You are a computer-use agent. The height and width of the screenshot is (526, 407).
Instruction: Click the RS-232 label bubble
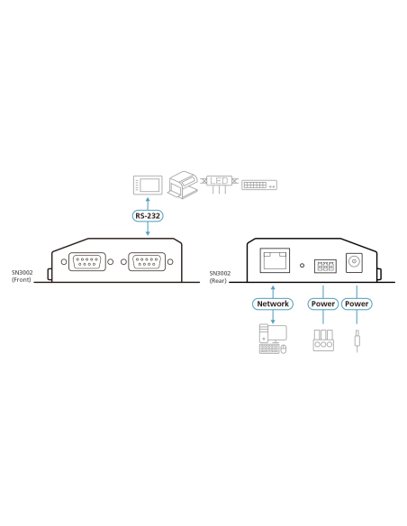click(148, 215)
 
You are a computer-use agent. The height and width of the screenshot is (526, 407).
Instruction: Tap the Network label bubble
click(273, 304)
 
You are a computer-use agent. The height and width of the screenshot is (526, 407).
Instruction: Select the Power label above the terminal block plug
click(323, 304)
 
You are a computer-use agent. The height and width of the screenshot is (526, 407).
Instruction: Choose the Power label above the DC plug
click(357, 304)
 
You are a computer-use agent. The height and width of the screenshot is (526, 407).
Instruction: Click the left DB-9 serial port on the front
click(86, 262)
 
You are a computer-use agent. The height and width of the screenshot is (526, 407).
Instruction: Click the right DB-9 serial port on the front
click(147, 262)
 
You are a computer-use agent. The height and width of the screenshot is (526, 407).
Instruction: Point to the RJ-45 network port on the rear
click(275, 260)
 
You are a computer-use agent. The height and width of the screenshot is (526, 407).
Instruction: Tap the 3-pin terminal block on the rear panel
click(325, 266)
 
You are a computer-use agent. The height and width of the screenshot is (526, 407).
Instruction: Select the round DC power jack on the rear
click(354, 263)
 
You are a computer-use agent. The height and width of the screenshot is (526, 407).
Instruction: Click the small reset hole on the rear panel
click(302, 266)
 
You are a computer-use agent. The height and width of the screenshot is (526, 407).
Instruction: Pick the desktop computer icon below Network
click(273, 339)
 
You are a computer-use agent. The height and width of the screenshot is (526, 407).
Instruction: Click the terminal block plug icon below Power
click(323, 340)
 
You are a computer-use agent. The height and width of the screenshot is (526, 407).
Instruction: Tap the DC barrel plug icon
click(357, 340)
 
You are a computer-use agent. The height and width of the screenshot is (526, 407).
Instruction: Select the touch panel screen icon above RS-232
click(148, 185)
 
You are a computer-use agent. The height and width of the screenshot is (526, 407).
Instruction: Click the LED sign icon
click(219, 184)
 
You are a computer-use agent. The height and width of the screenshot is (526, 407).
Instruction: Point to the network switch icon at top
click(259, 185)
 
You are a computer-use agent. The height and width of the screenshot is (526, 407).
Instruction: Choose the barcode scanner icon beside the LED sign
click(183, 185)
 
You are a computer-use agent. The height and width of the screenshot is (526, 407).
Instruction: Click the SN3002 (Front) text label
click(23, 277)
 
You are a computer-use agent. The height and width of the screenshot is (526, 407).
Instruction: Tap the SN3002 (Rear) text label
click(220, 277)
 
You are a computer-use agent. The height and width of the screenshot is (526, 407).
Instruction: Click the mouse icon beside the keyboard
click(284, 349)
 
